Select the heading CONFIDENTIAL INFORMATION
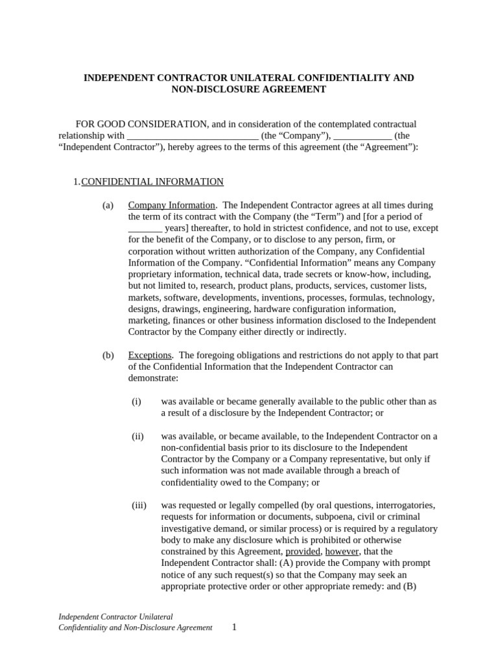[152, 182]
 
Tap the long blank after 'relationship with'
[193, 136]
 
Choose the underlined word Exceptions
[150, 355]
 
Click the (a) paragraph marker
[108, 205]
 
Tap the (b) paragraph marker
[108, 355]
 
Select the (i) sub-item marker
[136, 401]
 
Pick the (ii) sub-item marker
[137, 436]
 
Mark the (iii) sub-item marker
[139, 505]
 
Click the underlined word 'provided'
[303, 552]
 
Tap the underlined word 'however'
[341, 552]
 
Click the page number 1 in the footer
[235, 627]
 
